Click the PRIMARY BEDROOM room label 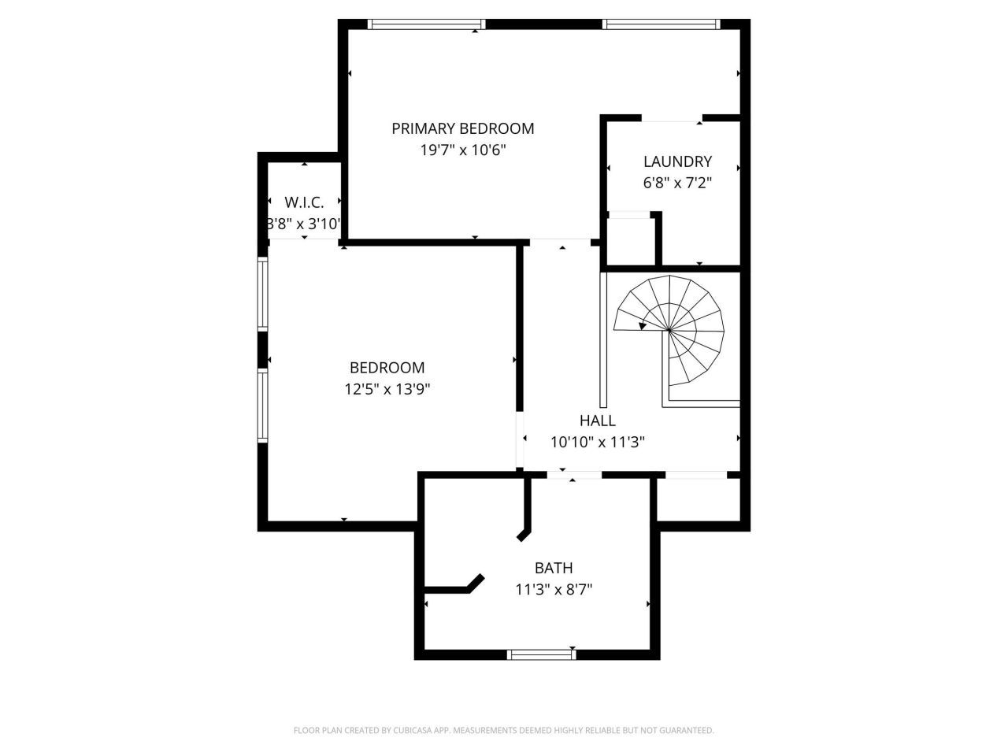click(x=462, y=128)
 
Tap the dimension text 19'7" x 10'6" click(x=462, y=150)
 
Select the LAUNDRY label click(x=677, y=161)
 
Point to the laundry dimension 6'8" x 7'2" click(x=677, y=183)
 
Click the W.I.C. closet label click(x=304, y=202)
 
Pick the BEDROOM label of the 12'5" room click(x=387, y=368)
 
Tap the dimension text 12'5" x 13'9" click(x=387, y=389)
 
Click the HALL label click(x=597, y=421)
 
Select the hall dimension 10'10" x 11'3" click(x=597, y=442)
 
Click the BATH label click(x=554, y=568)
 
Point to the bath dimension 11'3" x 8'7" click(x=554, y=589)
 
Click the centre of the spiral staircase click(x=669, y=331)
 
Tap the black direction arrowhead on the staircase click(x=643, y=325)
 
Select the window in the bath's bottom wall click(x=541, y=654)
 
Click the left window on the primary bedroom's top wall click(x=427, y=24)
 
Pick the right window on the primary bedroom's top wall click(x=661, y=24)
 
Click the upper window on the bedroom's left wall click(x=263, y=294)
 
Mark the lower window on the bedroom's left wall click(x=263, y=405)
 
